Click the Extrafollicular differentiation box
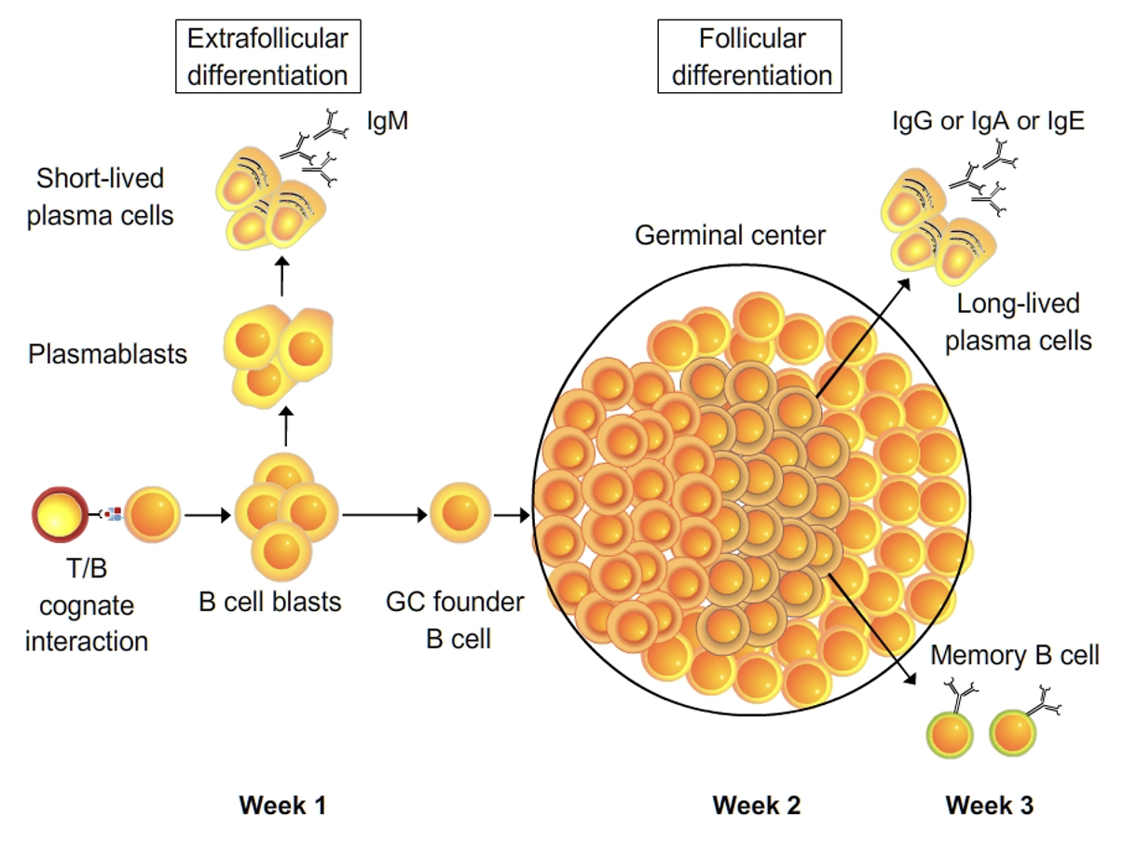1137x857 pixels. click(x=267, y=57)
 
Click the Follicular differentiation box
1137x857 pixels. click(x=751, y=57)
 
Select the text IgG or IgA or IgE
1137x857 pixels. click(x=985, y=121)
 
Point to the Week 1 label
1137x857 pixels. click(x=283, y=805)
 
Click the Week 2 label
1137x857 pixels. click(x=756, y=805)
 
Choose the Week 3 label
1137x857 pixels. click(x=989, y=805)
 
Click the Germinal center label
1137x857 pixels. click(x=730, y=236)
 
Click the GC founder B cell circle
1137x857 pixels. click(x=459, y=513)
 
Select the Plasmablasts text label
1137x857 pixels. click(x=107, y=354)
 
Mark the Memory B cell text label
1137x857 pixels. click(x=1015, y=656)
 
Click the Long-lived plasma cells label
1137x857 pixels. click(x=1018, y=322)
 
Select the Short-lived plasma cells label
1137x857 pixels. click(x=101, y=197)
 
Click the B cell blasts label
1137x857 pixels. click(x=270, y=602)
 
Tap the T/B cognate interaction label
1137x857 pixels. click(x=87, y=606)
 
